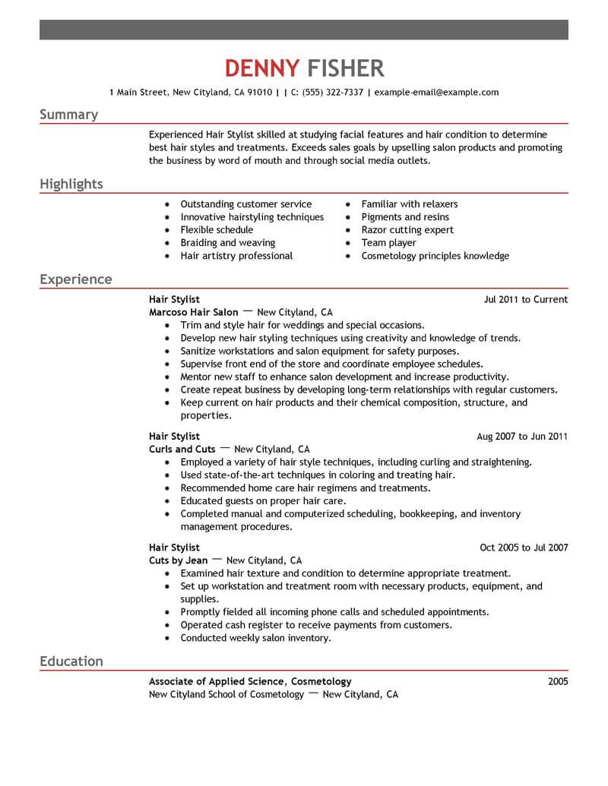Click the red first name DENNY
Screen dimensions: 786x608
(262, 68)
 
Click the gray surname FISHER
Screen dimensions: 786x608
(345, 68)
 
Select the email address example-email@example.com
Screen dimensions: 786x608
(437, 93)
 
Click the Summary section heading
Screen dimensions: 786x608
(68, 115)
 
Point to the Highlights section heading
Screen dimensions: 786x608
(71, 185)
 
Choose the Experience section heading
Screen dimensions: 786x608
(75, 279)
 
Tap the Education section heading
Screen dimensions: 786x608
(71, 661)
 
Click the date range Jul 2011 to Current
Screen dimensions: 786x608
(525, 300)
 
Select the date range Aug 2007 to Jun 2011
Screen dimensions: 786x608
(522, 437)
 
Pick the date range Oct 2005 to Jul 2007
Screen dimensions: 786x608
(524, 548)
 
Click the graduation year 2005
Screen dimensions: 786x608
(557, 682)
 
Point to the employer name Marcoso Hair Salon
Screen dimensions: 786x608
(194, 312)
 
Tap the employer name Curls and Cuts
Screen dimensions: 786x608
(182, 450)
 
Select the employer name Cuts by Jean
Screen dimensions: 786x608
(179, 560)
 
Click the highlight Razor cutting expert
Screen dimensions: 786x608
(407, 230)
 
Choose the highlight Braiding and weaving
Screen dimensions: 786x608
(227, 243)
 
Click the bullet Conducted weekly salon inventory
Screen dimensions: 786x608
(255, 639)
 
